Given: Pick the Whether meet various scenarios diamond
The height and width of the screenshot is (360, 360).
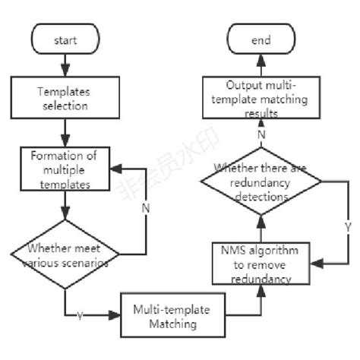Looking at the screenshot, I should (65, 254).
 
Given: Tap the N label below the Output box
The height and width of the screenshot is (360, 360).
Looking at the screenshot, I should (262, 134).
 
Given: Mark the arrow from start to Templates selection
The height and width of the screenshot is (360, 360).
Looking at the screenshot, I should (65, 66).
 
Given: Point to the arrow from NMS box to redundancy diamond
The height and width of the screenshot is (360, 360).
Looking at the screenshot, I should (261, 229).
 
